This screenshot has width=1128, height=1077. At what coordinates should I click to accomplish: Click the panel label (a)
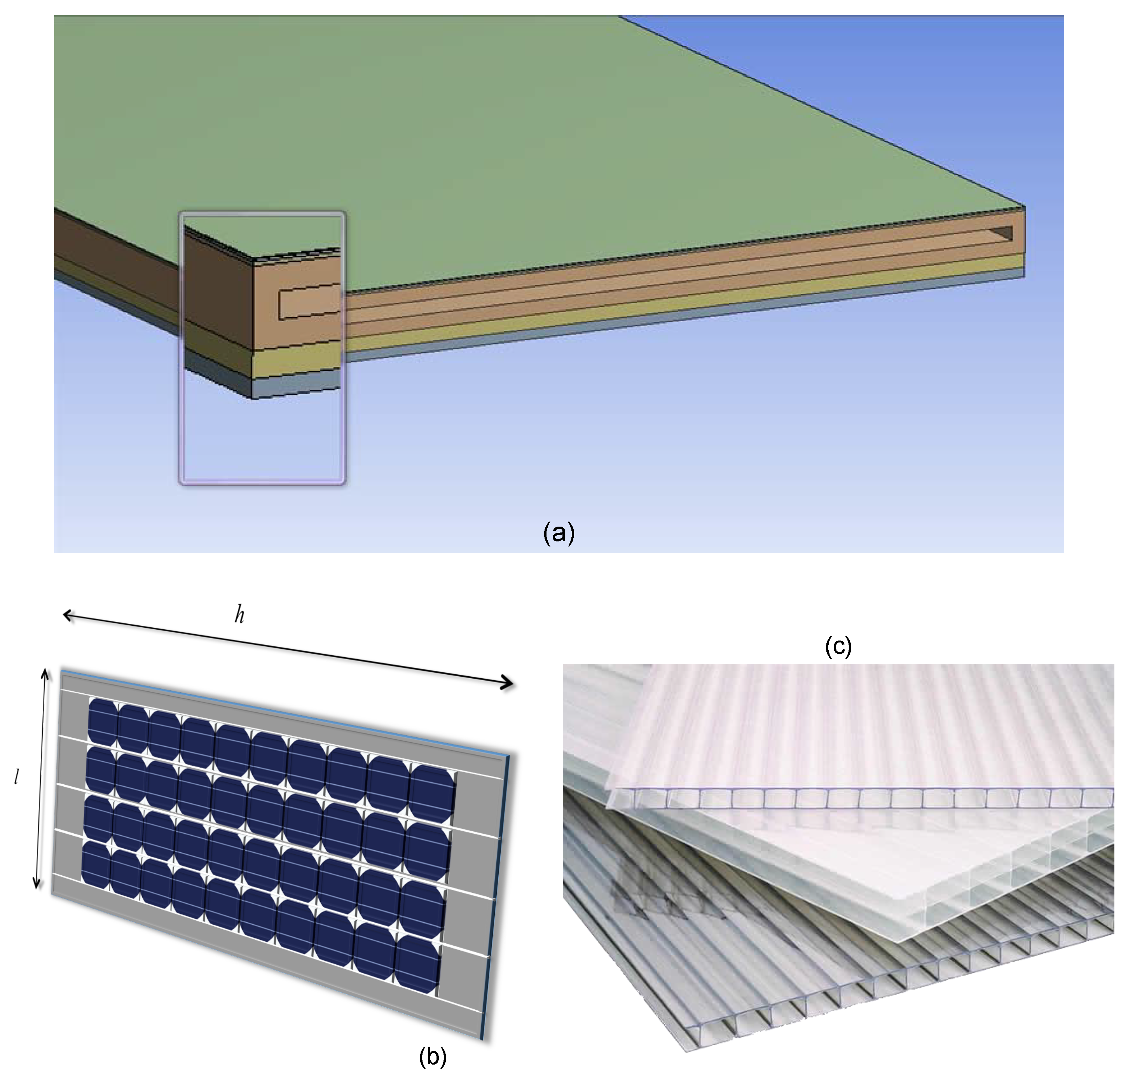click(558, 533)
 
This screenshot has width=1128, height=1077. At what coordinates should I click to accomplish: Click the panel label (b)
click(432, 1056)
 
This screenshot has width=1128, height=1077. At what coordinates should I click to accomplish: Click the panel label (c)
click(838, 646)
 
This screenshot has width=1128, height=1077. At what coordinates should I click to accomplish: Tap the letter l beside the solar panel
click(17, 777)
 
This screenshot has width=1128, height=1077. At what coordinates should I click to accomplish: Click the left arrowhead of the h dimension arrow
click(68, 615)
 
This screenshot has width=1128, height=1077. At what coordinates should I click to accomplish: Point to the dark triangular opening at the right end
click(1001, 232)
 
